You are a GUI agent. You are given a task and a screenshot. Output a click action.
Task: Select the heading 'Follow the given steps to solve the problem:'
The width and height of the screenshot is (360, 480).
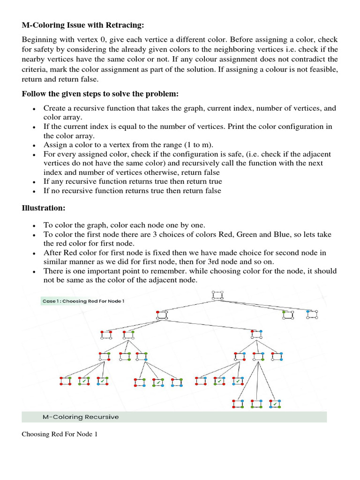click(x=100, y=94)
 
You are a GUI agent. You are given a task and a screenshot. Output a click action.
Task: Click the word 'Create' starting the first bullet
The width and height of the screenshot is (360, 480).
click(x=55, y=108)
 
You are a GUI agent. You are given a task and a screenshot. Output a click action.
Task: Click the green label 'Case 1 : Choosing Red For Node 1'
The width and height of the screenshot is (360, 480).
click(x=82, y=301)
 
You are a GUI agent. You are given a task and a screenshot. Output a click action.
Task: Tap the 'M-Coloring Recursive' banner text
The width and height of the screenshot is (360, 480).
click(x=81, y=417)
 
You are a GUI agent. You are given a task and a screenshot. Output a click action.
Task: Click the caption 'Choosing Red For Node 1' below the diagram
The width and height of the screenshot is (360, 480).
click(x=60, y=434)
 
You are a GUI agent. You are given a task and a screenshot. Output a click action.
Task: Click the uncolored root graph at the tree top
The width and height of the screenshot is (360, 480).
click(x=217, y=295)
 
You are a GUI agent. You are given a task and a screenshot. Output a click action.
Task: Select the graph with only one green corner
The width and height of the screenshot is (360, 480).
click(x=288, y=315)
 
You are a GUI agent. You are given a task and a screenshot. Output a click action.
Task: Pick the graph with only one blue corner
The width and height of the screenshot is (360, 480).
click(x=312, y=315)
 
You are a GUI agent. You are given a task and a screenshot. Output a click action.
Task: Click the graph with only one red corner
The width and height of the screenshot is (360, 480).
click(x=161, y=315)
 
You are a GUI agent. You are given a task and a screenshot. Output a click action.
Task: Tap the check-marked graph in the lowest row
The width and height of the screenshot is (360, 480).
click(x=274, y=404)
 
